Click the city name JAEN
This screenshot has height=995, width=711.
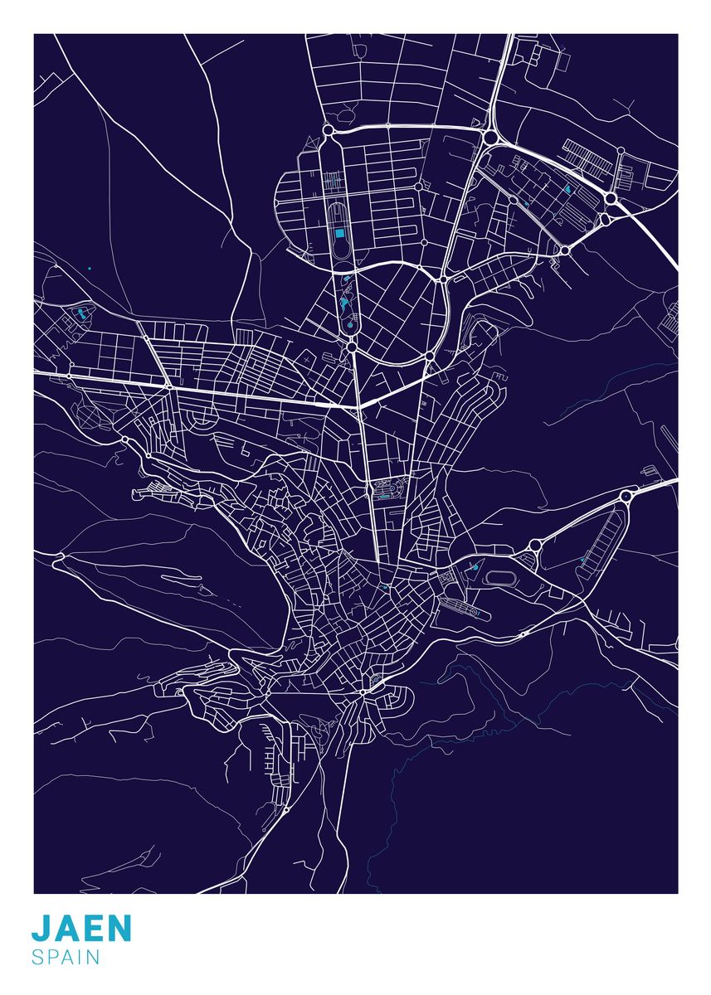(81, 929)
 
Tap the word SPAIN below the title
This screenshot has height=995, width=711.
(66, 957)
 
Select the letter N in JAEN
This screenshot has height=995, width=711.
(119, 929)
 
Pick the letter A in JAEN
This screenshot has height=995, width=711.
(66, 929)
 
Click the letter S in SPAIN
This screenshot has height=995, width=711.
(38, 957)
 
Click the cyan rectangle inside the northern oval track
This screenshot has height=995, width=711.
(339, 234)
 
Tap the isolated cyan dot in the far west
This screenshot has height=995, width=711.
(89, 268)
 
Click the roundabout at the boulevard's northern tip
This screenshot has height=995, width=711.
(328, 130)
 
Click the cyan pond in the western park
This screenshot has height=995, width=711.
(81, 313)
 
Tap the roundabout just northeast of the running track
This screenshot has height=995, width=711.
(535, 545)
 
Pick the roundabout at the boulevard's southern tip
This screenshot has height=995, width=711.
(351, 347)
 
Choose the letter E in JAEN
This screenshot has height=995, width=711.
(93, 929)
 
